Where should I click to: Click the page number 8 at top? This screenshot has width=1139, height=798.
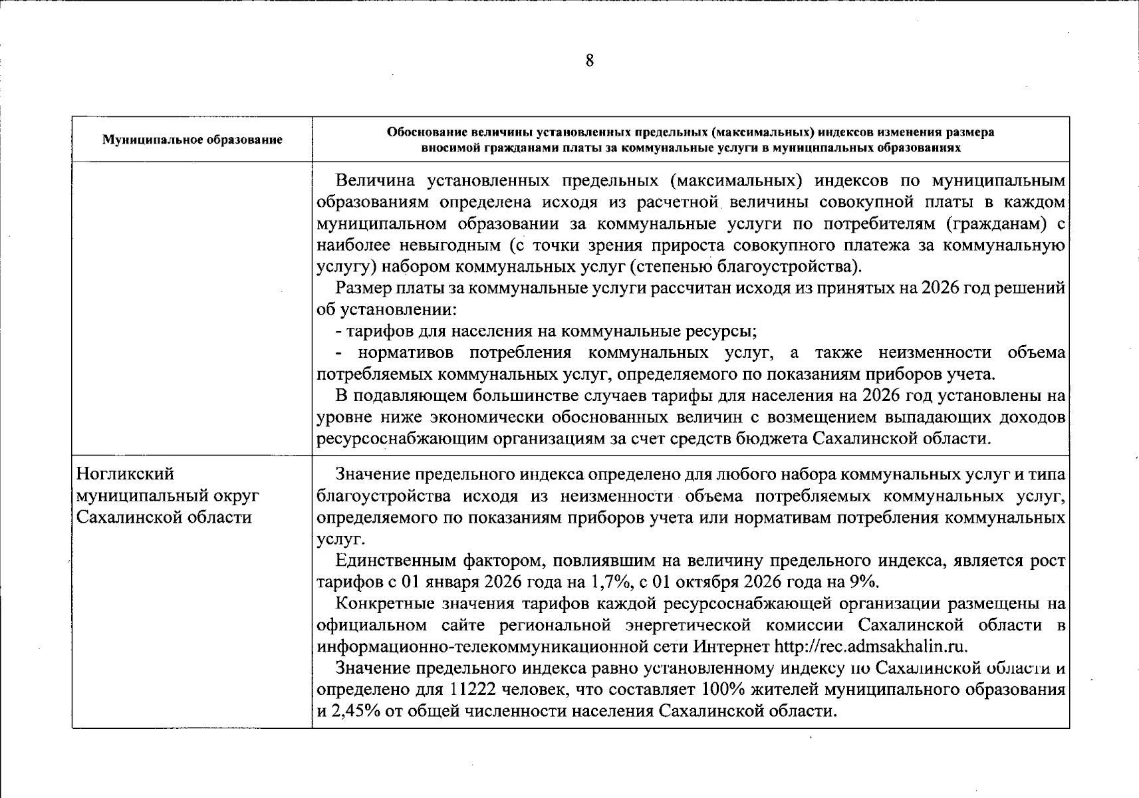click(589, 61)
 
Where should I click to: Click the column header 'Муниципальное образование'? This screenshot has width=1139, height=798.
click(192, 140)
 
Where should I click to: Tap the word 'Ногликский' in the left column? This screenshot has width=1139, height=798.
click(126, 474)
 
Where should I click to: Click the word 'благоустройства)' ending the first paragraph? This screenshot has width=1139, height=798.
click(789, 267)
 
